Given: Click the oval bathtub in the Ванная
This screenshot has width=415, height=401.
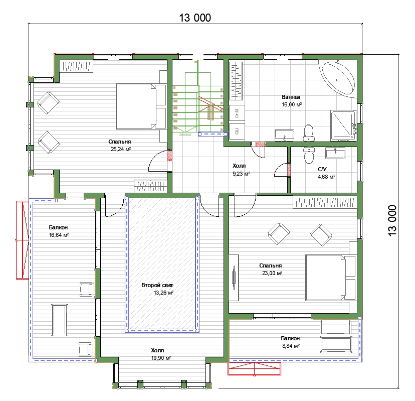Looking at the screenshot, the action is click(338, 79).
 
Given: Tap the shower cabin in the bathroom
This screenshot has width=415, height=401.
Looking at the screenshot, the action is click(343, 125).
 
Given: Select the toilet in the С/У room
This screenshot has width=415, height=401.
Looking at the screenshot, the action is click(308, 155).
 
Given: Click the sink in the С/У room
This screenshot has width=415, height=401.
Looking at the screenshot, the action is click(335, 154).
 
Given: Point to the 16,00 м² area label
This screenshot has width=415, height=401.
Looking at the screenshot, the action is click(292, 105).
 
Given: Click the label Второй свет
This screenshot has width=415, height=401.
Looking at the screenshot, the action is click(157, 285).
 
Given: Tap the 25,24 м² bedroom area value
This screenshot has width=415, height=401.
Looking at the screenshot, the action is click(121, 149).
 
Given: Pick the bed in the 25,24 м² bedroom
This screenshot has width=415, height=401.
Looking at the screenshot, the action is click(141, 106).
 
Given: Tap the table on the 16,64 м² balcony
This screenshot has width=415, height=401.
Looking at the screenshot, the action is click(59, 320).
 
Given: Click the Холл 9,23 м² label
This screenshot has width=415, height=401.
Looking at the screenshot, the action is click(241, 170).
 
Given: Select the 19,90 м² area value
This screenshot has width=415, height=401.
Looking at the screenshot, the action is click(161, 358).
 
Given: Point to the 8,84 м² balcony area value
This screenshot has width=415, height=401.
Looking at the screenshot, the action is click(291, 346).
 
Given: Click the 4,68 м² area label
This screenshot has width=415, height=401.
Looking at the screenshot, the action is click(327, 177).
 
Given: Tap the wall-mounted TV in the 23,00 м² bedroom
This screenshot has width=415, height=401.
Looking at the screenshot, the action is click(234, 278).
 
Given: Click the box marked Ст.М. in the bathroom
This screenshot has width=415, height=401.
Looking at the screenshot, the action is click(237, 113).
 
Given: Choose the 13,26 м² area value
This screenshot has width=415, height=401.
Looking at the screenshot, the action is click(163, 293).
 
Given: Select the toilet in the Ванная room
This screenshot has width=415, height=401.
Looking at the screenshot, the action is click(308, 133).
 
